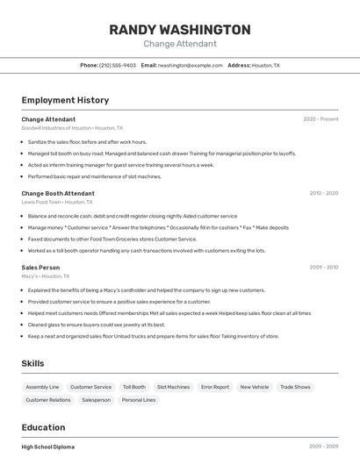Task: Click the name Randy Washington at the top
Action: click(x=179, y=30)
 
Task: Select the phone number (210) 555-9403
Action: click(x=118, y=65)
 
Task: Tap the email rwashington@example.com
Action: click(x=191, y=65)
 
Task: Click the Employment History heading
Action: click(x=65, y=100)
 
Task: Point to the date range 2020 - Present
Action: click(x=320, y=119)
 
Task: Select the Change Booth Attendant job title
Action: click(x=58, y=193)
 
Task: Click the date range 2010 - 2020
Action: click(x=324, y=193)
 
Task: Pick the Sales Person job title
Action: click(x=40, y=267)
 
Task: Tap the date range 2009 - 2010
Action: click(x=324, y=267)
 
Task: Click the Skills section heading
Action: click(x=32, y=363)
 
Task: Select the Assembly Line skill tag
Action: click(x=42, y=387)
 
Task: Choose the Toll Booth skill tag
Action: click(x=134, y=387)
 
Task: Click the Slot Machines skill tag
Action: click(x=173, y=387)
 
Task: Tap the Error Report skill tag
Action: click(x=214, y=387)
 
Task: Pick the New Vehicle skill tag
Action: click(x=255, y=387)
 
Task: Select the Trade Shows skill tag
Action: click(x=295, y=387)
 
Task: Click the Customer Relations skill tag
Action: click(x=48, y=400)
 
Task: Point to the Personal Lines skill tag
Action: click(x=139, y=400)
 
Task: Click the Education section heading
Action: click(x=43, y=427)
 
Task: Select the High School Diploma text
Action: click(x=48, y=447)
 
